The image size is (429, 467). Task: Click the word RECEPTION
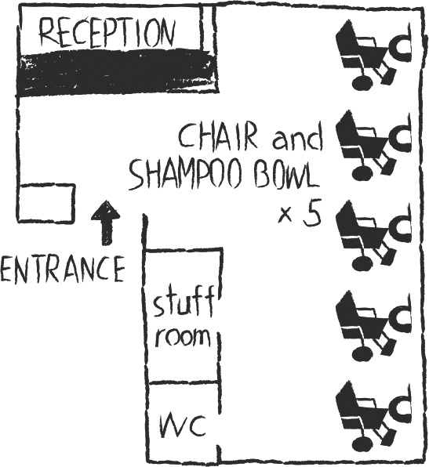107,32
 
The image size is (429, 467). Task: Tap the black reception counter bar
118,72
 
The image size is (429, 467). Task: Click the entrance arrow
106,223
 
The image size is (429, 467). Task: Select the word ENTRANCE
62,270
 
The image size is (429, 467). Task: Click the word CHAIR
217,137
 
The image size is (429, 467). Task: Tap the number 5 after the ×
312,215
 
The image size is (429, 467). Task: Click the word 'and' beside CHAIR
298,139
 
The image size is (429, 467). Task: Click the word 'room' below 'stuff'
183,337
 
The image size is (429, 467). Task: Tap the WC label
183,426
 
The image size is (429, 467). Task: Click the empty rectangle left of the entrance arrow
46,203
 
